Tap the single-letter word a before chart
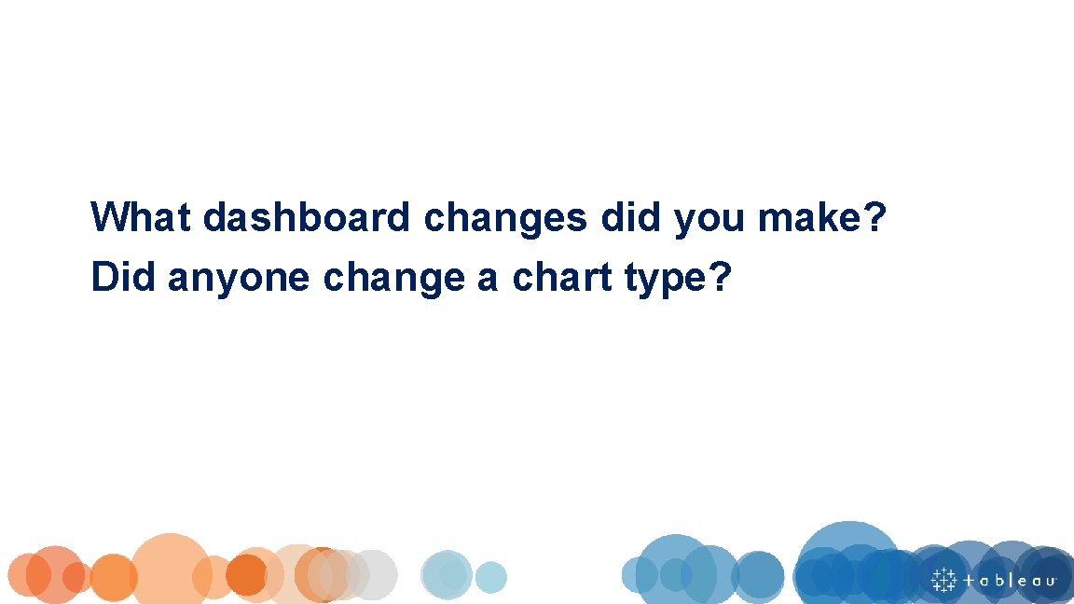tap(488, 279)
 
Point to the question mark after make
tap(874, 218)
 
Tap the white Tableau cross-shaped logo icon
tap(943, 579)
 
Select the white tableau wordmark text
tap(1010, 580)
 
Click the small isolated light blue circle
tap(490, 577)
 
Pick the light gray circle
tap(373, 574)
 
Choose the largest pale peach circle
tap(171, 569)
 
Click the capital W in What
tap(106, 218)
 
